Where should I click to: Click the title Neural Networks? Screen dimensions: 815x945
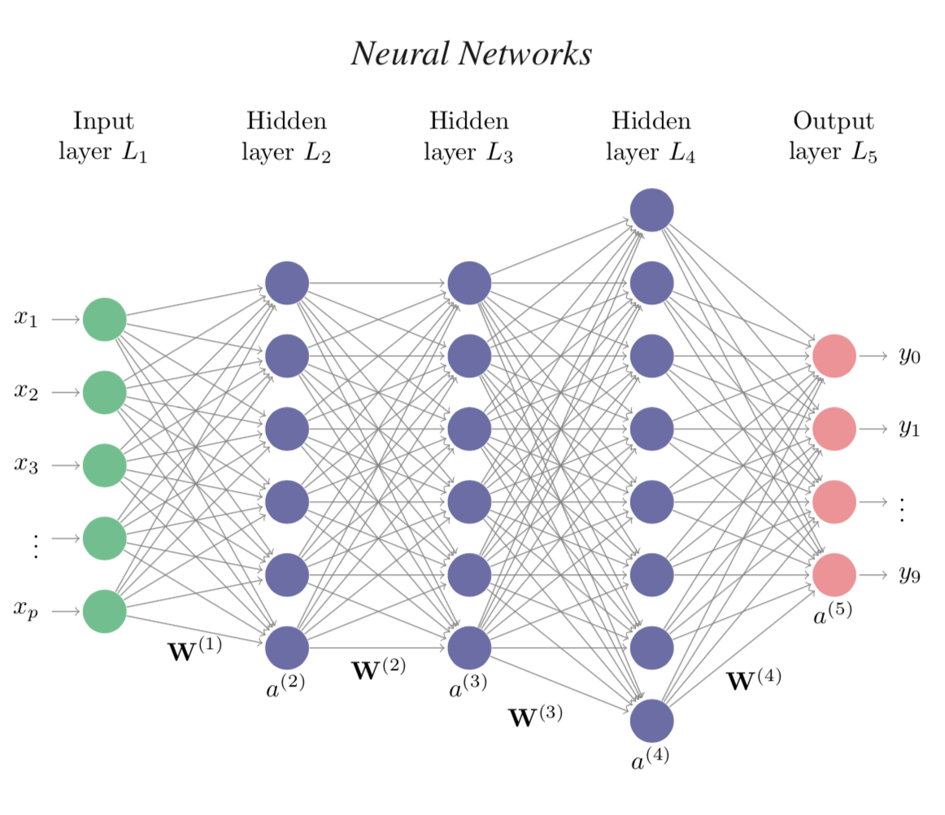(471, 54)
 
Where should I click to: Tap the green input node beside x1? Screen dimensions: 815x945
(104, 320)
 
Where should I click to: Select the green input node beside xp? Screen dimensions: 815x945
(104, 611)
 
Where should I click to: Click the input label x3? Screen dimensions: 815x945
(26, 464)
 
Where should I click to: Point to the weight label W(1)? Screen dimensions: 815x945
(194, 651)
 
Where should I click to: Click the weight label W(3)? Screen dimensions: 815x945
(535, 717)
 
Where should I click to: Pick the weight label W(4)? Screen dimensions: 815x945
(753, 679)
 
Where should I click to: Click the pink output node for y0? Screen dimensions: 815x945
(834, 355)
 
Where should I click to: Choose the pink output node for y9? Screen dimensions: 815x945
(834, 574)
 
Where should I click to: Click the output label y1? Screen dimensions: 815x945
(909, 429)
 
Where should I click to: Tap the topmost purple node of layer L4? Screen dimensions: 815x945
(651, 210)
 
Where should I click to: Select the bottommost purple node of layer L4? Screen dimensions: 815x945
(651, 721)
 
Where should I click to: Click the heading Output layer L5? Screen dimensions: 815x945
(833, 137)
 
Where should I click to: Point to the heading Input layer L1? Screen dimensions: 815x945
(103, 137)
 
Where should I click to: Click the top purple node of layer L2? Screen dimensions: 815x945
(287, 283)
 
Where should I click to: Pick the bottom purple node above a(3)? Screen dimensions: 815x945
(469, 647)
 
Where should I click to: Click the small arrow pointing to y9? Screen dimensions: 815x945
(873, 574)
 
